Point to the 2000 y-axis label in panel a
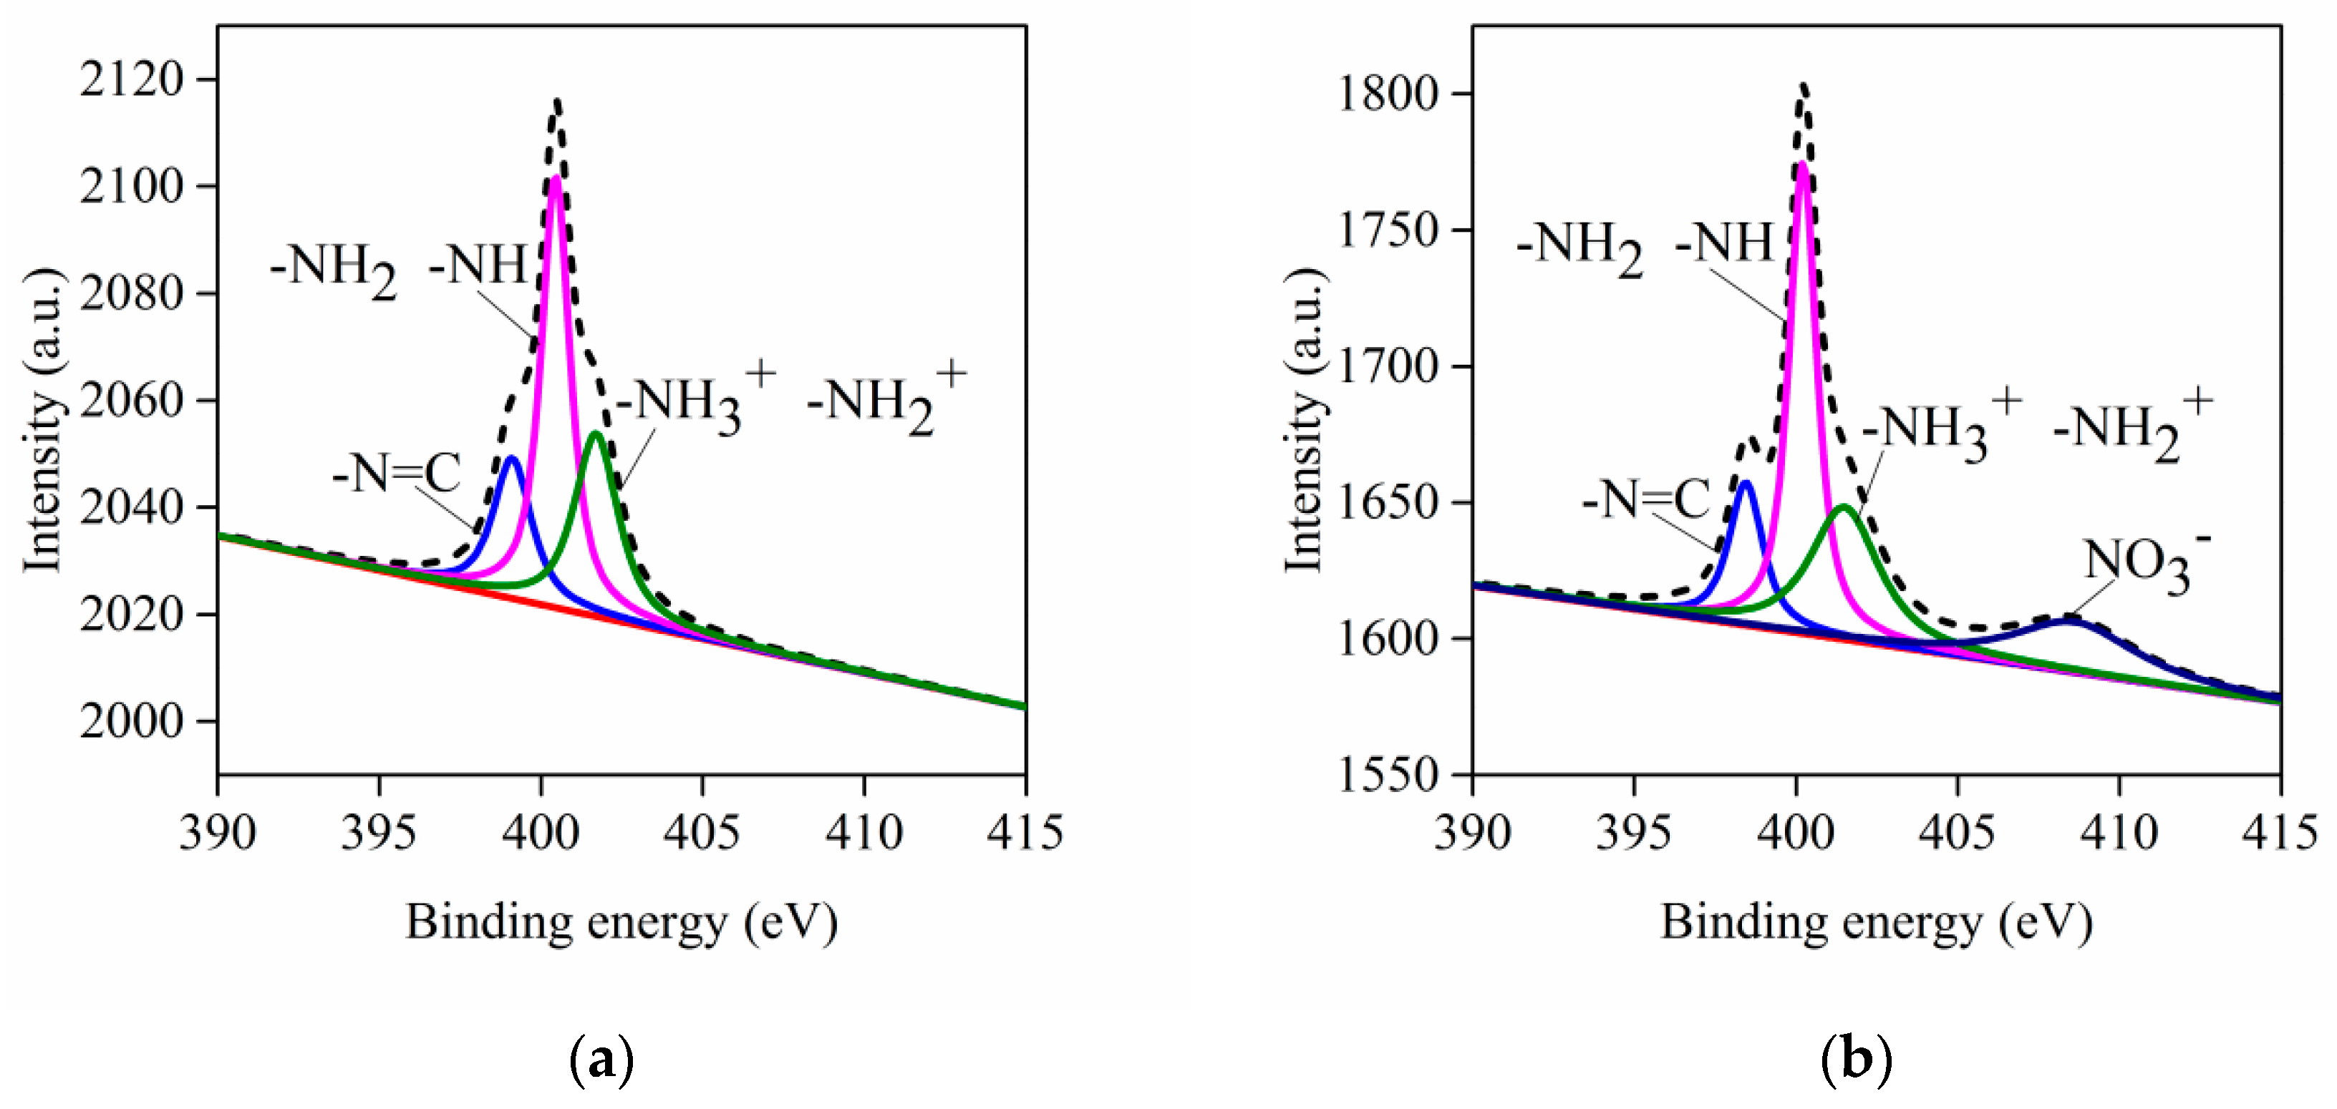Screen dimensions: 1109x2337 click(x=132, y=722)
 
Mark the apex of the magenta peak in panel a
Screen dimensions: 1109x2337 click(x=555, y=177)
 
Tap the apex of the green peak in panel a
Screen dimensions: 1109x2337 click(x=596, y=434)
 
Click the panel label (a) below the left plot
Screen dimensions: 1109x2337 click(x=601, y=1058)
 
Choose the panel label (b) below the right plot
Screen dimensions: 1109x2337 click(x=1856, y=1058)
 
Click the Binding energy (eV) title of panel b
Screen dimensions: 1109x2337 click(x=1876, y=923)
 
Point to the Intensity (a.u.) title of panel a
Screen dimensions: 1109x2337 click(x=43, y=421)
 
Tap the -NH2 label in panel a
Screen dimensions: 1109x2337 click(x=334, y=269)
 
